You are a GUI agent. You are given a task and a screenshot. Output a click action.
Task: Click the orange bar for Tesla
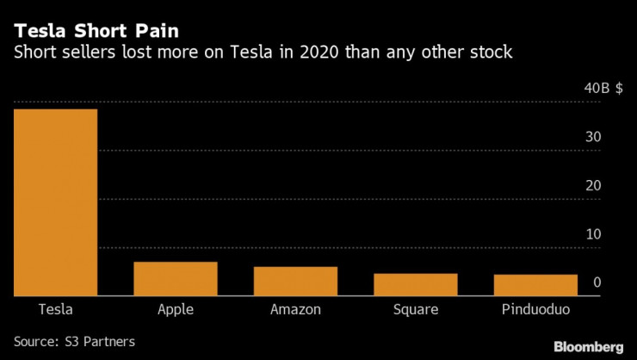pyautogui.click(x=55, y=202)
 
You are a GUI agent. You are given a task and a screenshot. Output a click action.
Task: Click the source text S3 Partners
pyautogui.click(x=102, y=341)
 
